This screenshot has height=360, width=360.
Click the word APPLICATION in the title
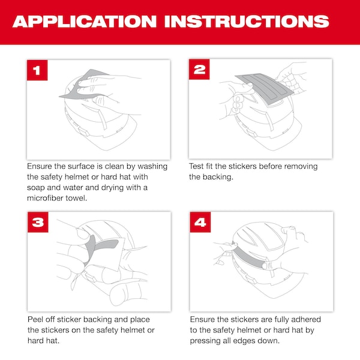85,22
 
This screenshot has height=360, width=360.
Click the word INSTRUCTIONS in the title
247,22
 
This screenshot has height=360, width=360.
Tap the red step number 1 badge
37,70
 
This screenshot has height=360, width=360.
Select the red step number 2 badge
199,70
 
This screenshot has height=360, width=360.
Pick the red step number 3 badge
38,222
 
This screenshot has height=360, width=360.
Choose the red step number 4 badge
200,222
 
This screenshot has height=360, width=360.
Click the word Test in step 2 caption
196,166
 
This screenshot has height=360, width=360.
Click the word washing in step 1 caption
152,166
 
